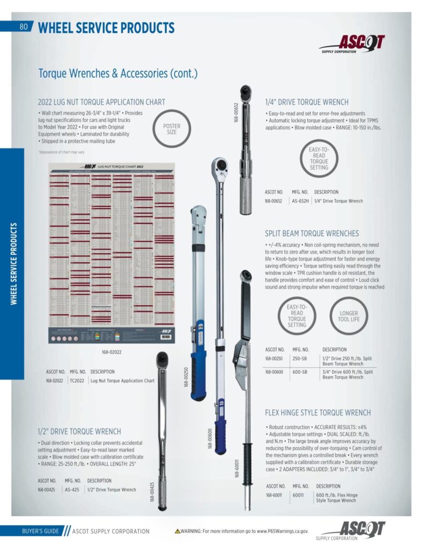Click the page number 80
24,27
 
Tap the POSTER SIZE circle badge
172,129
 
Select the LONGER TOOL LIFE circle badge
348,316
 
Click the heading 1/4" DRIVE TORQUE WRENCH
307,102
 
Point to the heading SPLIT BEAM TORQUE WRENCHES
311,233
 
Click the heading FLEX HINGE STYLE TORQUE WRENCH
317,413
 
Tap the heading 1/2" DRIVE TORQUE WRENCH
79,431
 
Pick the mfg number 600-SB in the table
300,372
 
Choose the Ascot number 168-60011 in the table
276,495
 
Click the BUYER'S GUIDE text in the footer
40,531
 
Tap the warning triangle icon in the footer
177,531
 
